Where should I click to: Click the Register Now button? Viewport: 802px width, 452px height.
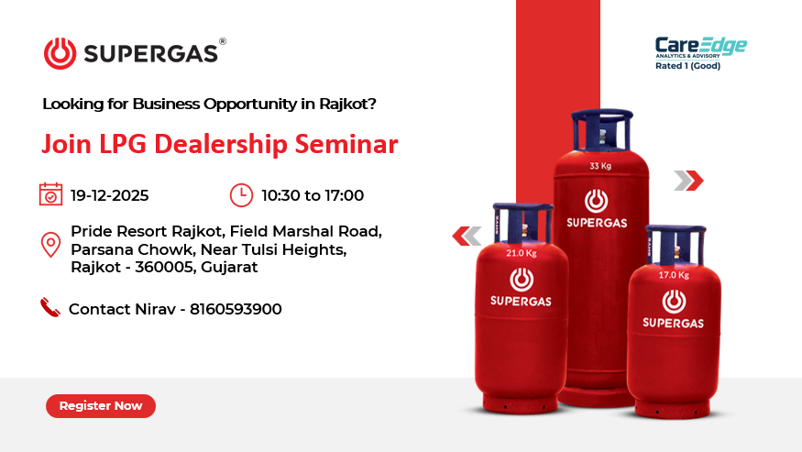click(101, 405)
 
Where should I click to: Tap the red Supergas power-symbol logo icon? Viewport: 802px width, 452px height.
click(60, 53)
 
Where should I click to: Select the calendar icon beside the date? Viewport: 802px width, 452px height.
click(50, 194)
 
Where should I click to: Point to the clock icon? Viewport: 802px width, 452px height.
click(241, 194)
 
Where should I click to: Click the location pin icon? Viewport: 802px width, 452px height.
click(51, 246)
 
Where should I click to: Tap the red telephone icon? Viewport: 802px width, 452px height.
click(49, 308)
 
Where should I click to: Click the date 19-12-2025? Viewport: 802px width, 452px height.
click(109, 195)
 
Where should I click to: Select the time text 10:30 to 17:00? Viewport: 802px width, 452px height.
click(313, 195)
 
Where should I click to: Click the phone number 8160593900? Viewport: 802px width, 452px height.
click(236, 310)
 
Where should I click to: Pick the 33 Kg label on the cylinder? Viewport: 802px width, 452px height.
click(600, 166)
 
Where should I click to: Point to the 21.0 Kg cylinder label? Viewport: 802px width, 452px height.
click(522, 253)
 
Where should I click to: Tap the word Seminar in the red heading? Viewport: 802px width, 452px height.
click(353, 145)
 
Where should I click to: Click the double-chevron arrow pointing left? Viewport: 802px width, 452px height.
click(467, 237)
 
